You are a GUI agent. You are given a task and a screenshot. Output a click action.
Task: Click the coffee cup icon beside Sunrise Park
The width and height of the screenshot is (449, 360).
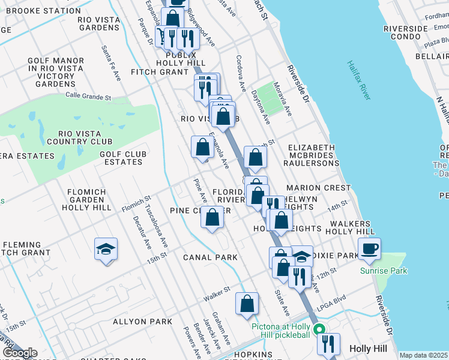click(370, 248)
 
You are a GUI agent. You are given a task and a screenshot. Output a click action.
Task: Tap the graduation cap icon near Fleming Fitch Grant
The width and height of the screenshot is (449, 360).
click(106, 248)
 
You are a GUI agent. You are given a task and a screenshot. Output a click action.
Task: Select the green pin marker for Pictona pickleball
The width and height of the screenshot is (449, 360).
click(320, 329)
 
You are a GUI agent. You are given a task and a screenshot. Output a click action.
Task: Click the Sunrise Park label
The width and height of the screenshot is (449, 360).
click(384, 271)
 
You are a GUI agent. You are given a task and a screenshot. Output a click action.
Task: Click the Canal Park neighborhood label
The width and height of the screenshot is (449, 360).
click(210, 257)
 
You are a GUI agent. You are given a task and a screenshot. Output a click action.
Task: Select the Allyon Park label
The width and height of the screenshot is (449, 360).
click(141, 322)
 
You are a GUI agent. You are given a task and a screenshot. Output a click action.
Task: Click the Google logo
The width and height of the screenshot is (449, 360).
click(20, 353)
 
